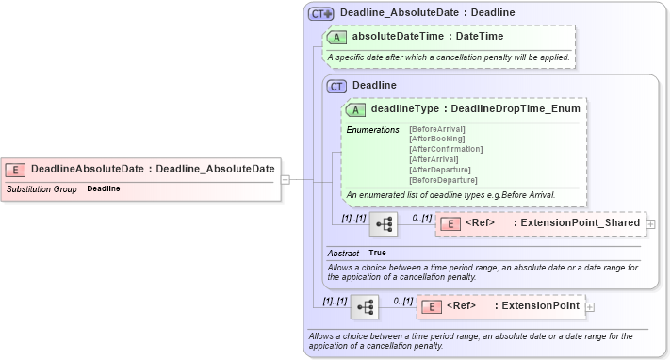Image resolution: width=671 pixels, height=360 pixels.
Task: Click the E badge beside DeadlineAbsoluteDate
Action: click(15, 169)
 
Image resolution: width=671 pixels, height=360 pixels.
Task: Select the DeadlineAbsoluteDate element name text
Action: click(88, 169)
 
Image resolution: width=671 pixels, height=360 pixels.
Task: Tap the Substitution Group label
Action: click(41, 188)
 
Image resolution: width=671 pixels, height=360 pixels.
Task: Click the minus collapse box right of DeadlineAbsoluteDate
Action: click(285, 178)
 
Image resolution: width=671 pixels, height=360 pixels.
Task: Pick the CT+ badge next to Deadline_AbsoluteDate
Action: click(321, 12)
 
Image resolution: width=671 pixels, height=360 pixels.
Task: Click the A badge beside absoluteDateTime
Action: click(335, 37)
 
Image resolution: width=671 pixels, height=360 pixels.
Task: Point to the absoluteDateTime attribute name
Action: click(395, 37)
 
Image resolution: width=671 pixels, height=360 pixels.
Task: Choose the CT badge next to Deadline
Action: click(336, 86)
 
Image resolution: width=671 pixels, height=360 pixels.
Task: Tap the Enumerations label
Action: click(372, 129)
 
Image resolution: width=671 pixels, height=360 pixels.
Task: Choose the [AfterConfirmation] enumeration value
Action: click(446, 149)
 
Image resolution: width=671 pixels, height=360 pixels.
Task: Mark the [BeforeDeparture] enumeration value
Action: click(443, 180)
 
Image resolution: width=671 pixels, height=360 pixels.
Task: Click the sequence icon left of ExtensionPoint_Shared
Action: click(383, 224)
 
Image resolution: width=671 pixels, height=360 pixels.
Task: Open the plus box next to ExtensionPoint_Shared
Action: click(650, 224)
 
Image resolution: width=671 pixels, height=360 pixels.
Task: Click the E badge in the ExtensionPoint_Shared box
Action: click(450, 223)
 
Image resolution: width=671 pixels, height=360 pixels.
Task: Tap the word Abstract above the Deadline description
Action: click(343, 253)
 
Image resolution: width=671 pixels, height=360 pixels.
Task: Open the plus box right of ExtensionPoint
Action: click(590, 306)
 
